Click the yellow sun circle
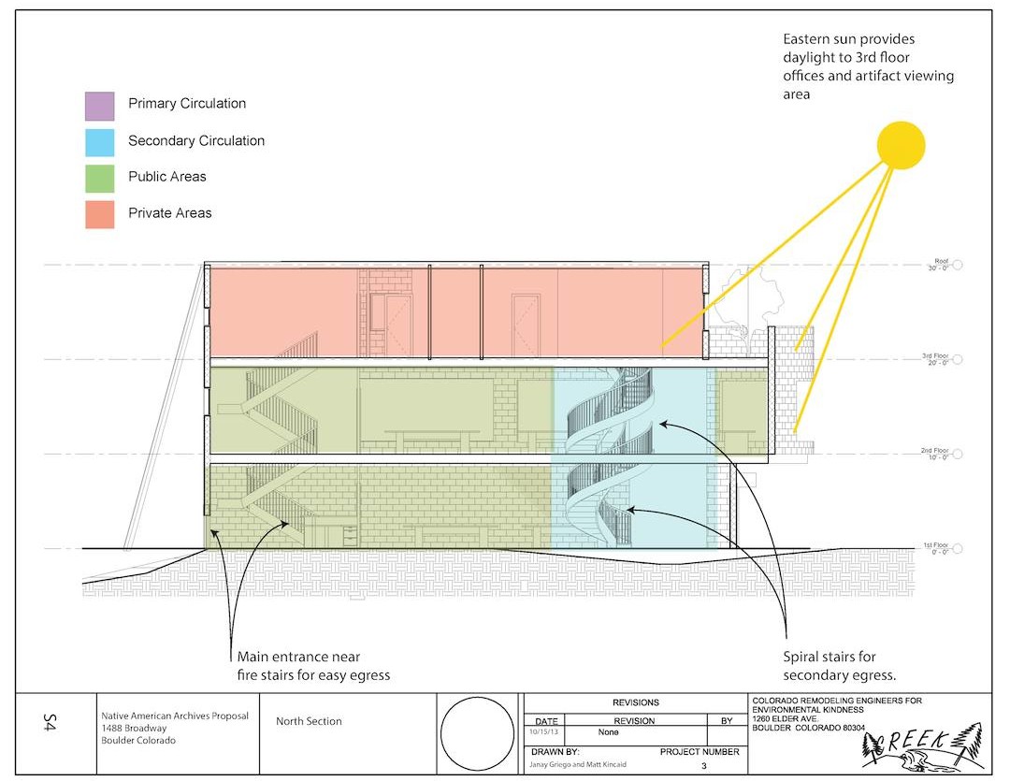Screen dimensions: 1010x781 pos(901,146)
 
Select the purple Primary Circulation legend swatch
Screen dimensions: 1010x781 pos(99,105)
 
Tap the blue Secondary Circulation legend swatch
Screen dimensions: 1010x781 pos(99,141)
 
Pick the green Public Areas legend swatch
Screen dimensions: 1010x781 pos(99,177)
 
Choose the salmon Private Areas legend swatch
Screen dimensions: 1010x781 pos(99,213)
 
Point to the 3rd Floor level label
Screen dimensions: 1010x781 pos(936,359)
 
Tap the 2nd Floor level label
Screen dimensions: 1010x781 pos(936,455)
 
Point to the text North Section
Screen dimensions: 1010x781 pos(309,721)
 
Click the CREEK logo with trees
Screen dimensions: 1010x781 pos(920,745)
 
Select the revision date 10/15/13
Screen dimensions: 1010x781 pos(543,732)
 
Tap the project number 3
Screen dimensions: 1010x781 pos(702,765)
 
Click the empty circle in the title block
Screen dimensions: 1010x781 pos(477,733)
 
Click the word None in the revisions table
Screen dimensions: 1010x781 pos(609,732)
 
